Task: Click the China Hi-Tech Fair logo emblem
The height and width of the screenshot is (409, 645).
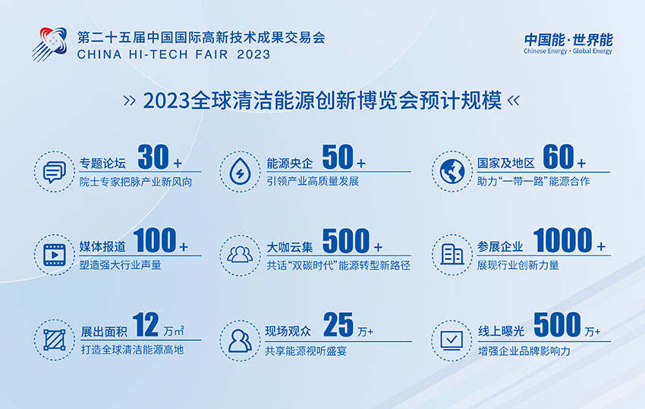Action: point(50,44)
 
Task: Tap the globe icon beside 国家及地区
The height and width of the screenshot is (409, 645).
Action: point(452,171)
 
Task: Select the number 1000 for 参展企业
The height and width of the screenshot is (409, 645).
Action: point(562,240)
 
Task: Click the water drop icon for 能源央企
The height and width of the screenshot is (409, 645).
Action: point(240,171)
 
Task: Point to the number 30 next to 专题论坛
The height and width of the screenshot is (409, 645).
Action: point(153,157)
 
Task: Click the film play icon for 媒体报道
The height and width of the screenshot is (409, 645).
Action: point(55,255)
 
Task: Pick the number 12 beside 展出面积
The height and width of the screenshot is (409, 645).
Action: point(146,324)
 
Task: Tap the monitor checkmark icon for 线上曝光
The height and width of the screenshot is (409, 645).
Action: point(451,341)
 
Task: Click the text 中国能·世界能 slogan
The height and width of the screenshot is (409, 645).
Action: point(568,40)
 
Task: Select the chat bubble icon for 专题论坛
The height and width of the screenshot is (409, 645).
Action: point(55,172)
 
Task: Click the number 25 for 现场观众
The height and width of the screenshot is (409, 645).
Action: point(338,324)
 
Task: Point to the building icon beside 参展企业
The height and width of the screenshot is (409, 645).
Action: point(452,254)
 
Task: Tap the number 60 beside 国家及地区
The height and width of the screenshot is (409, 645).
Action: point(558,157)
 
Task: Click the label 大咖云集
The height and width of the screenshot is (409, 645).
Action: point(290,247)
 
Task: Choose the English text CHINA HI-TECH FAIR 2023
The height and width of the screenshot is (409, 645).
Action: point(174,55)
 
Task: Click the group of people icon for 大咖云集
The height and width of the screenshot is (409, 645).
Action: point(240,254)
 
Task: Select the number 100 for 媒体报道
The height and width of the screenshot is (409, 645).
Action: point(155,240)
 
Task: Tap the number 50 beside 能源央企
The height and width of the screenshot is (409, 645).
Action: point(338,157)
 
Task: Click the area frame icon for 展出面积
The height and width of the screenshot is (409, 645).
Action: point(55,340)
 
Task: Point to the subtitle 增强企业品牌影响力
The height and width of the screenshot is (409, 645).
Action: point(524,351)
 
